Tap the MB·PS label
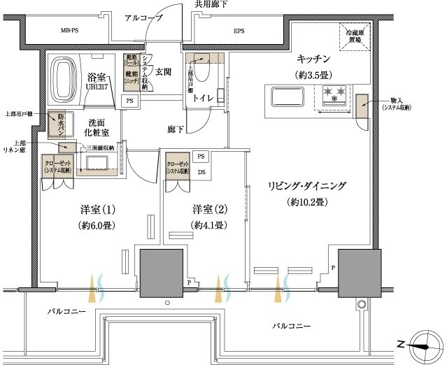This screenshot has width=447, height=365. click(69, 31)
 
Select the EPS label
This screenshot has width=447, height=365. click(239, 31)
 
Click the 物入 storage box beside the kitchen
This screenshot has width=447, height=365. click(362, 106)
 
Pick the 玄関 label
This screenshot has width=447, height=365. click(163, 72)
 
